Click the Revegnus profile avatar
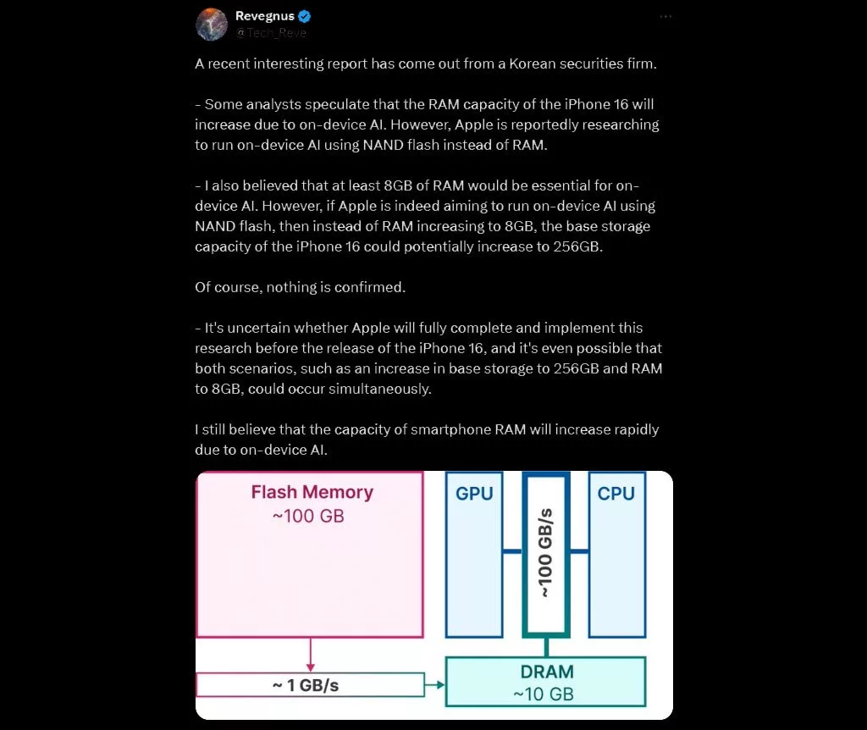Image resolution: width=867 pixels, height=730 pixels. click(x=212, y=25)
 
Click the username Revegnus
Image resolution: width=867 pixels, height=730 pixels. click(x=265, y=16)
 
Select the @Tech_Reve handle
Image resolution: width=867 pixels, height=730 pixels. click(x=271, y=33)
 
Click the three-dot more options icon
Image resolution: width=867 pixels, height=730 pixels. click(x=665, y=17)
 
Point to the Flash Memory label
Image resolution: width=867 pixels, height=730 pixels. click(x=312, y=492)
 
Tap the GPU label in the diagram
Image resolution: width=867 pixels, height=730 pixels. click(x=474, y=494)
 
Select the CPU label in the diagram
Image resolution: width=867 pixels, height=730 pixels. click(x=616, y=494)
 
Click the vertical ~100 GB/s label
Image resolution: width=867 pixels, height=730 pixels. click(x=546, y=553)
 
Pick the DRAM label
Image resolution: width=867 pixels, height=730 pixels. click(x=547, y=672)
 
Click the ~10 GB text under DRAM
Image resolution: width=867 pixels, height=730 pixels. click(x=544, y=694)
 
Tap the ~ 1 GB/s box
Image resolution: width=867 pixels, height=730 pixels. click(x=310, y=685)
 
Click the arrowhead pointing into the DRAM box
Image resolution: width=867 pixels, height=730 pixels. click(x=440, y=685)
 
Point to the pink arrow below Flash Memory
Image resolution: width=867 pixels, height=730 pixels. click(x=311, y=655)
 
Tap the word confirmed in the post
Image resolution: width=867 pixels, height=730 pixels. click(x=369, y=287)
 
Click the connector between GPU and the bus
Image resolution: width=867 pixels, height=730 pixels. click(x=511, y=551)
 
